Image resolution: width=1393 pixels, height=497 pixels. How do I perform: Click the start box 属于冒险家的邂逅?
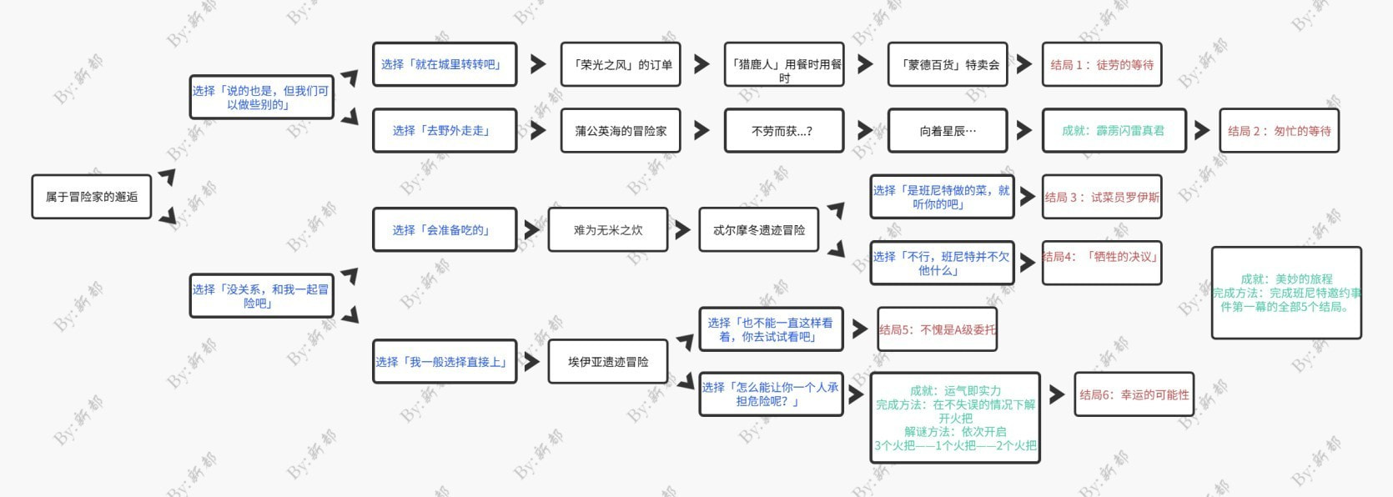pyautogui.click(x=92, y=197)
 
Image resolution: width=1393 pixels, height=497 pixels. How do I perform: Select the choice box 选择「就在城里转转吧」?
pyautogui.click(x=444, y=64)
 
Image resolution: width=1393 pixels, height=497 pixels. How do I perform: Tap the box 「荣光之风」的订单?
pyautogui.click(x=621, y=64)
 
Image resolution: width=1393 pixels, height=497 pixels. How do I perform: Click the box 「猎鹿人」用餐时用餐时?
pyautogui.click(x=784, y=65)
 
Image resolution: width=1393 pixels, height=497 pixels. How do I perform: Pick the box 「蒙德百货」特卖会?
pyautogui.click(x=948, y=64)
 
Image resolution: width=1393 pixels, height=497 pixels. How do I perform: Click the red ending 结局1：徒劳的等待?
pyautogui.click(x=1101, y=64)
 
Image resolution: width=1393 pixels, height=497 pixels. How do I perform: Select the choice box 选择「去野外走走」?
pyautogui.click(x=444, y=130)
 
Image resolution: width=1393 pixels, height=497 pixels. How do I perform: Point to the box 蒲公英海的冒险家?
pyautogui.click(x=621, y=130)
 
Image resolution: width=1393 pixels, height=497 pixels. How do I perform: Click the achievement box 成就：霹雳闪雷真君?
pyautogui.click(x=1114, y=130)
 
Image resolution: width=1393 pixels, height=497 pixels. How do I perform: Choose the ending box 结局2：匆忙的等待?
pyautogui.click(x=1279, y=130)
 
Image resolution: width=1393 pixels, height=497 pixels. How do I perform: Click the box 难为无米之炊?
pyautogui.click(x=608, y=229)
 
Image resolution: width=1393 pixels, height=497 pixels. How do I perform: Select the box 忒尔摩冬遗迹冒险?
pyautogui.click(x=759, y=229)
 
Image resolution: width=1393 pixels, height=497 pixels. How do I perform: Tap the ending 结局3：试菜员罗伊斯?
pyautogui.click(x=1101, y=197)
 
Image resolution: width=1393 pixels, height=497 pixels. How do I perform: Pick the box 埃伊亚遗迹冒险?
pyautogui.click(x=608, y=361)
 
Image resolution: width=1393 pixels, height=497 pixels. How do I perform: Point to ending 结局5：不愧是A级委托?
pyautogui.click(x=938, y=329)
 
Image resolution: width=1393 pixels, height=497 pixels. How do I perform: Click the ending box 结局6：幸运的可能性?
pyautogui.click(x=1134, y=394)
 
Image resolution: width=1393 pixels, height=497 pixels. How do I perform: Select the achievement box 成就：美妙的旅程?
pyautogui.click(x=1286, y=293)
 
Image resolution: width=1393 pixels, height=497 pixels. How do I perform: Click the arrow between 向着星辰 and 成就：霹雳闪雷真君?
pyautogui.click(x=1024, y=130)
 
